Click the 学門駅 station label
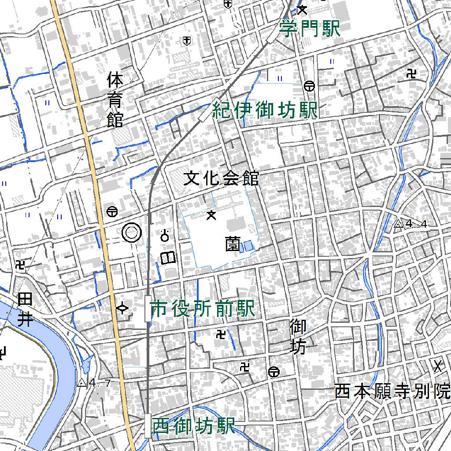(x=310, y=30)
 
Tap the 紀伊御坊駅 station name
(x=265, y=111)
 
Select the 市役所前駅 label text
(x=203, y=309)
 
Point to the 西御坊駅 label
(x=193, y=426)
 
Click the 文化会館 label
(x=221, y=178)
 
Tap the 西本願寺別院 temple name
(x=392, y=391)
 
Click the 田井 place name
(x=25, y=310)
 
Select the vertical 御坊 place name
(x=298, y=337)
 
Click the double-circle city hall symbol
(x=132, y=233)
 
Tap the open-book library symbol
(x=168, y=258)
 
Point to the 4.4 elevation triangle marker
(x=399, y=224)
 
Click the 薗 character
(x=232, y=244)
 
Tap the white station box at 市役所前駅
(x=147, y=309)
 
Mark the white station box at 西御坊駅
(x=148, y=426)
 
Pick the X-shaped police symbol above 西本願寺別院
(x=438, y=366)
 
